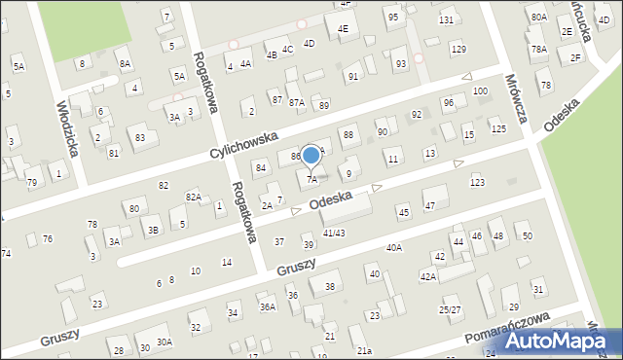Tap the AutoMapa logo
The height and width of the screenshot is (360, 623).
[x=566, y=340]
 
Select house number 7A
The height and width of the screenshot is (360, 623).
[x=312, y=179]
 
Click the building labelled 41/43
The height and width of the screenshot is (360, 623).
[x=334, y=233]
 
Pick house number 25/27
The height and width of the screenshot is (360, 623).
[x=450, y=309]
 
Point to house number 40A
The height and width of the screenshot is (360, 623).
[x=393, y=248]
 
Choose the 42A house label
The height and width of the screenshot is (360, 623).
[x=428, y=277]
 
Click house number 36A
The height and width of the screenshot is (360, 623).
[x=267, y=306]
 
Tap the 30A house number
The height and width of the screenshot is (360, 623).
[x=165, y=342]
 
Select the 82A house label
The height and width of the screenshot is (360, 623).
[x=193, y=198]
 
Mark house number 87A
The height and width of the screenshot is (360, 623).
[x=296, y=102]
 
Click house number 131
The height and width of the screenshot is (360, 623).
[x=446, y=20]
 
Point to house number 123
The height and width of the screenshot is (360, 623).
[x=477, y=183]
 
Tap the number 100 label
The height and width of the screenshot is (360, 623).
[x=480, y=90]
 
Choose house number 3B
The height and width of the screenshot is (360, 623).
[x=153, y=231]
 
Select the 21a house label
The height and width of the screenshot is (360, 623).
[x=363, y=350]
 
